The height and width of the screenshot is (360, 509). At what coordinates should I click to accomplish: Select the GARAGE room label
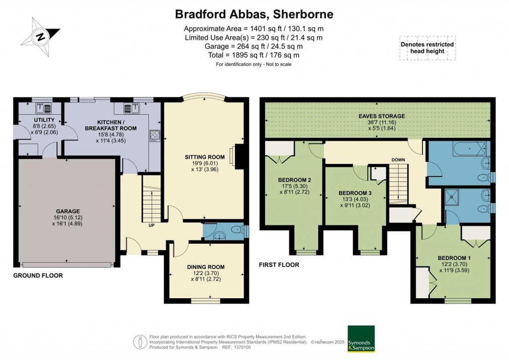tap(68, 211)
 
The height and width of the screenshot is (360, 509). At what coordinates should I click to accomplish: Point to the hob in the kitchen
tap(154, 135)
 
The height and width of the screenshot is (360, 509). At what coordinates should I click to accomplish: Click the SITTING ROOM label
tap(204, 157)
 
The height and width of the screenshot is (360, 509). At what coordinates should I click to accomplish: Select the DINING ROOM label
tap(206, 267)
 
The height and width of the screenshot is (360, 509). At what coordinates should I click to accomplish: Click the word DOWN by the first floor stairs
tap(398, 160)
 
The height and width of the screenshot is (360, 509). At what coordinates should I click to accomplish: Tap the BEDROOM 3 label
tap(354, 193)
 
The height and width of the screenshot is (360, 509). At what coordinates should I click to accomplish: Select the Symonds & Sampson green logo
tap(361, 338)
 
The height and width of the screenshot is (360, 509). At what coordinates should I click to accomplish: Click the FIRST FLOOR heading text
tap(279, 265)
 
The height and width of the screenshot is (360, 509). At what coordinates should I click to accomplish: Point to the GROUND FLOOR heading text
tap(38, 275)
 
